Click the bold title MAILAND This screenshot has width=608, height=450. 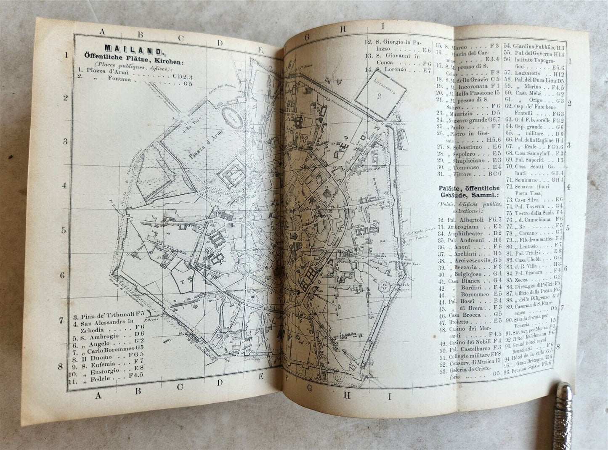[133, 51]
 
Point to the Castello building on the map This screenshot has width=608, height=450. [233, 178]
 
